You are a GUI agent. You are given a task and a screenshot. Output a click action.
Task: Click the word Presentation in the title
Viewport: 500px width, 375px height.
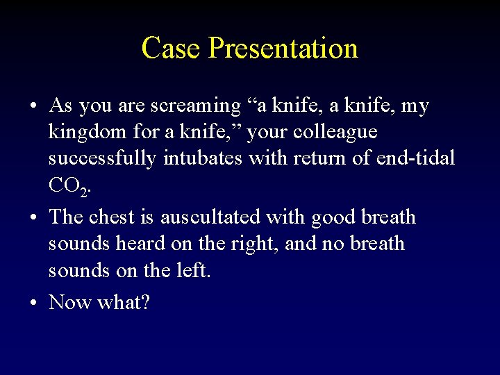pyautogui.click(x=283, y=49)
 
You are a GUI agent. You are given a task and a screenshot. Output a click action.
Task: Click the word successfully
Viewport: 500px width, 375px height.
pyautogui.click(x=103, y=159)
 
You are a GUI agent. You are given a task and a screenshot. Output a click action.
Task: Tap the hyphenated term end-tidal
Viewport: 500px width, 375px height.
pyautogui.click(x=415, y=159)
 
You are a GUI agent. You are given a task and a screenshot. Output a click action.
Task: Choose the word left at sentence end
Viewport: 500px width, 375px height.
pyautogui.click(x=193, y=270)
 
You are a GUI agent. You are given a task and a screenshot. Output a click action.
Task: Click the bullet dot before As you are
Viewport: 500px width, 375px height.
pyautogui.click(x=33, y=107)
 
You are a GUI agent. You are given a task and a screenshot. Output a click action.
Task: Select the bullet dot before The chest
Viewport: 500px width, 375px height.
pyautogui.click(x=33, y=218)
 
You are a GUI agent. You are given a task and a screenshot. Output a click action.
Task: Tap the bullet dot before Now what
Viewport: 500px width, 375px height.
pyautogui.click(x=33, y=303)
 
